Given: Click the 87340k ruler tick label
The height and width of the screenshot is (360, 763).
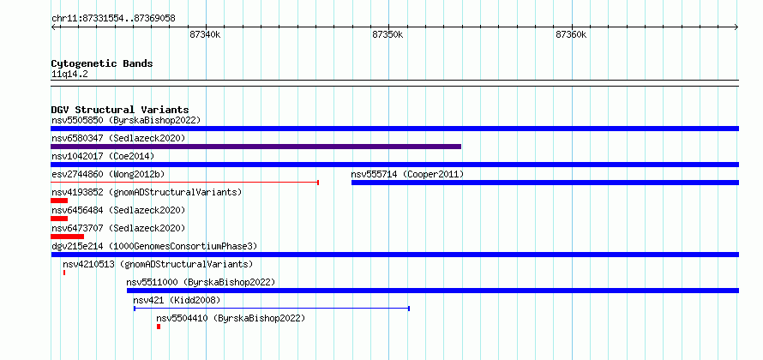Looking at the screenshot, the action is pos(205,34).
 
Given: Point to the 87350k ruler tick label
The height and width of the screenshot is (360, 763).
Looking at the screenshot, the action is pos(388,34).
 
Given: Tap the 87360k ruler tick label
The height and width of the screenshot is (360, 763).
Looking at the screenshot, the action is pos(571,34).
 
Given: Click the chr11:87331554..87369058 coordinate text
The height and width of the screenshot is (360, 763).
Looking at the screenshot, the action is pos(113,19).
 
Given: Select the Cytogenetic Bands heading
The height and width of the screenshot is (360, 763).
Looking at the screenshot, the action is pos(102,63).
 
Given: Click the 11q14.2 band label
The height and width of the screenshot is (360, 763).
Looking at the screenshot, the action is pos(69,75).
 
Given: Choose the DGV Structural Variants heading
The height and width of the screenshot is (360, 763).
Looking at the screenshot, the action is pos(120,110).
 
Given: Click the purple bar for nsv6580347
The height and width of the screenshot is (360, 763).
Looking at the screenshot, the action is pos(256,147).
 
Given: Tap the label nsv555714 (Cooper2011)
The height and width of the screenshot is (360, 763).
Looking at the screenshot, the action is pos(407,174).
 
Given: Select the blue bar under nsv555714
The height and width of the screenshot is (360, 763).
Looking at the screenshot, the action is pos(545,183).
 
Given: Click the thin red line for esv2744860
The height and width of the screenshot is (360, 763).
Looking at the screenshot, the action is pos(184,183).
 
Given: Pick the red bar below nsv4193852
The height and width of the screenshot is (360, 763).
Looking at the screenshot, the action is pos(59,201).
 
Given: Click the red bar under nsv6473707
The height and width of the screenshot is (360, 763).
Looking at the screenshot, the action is pos(67,237).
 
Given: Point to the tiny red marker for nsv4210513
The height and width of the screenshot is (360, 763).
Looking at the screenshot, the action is pos(64,273).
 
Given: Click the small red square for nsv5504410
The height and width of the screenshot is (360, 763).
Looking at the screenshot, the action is pos(159,327).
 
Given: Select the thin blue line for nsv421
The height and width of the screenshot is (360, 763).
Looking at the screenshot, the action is pos(272,309).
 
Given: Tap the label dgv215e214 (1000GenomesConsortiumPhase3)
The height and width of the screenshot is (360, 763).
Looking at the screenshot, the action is pos(154,246).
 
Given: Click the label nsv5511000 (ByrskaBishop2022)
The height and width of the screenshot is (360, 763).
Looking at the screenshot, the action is pos(201,282).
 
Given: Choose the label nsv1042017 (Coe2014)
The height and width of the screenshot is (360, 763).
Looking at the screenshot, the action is pos(103,156).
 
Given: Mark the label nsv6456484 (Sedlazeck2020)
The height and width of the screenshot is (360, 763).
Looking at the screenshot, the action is pos(118,210).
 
